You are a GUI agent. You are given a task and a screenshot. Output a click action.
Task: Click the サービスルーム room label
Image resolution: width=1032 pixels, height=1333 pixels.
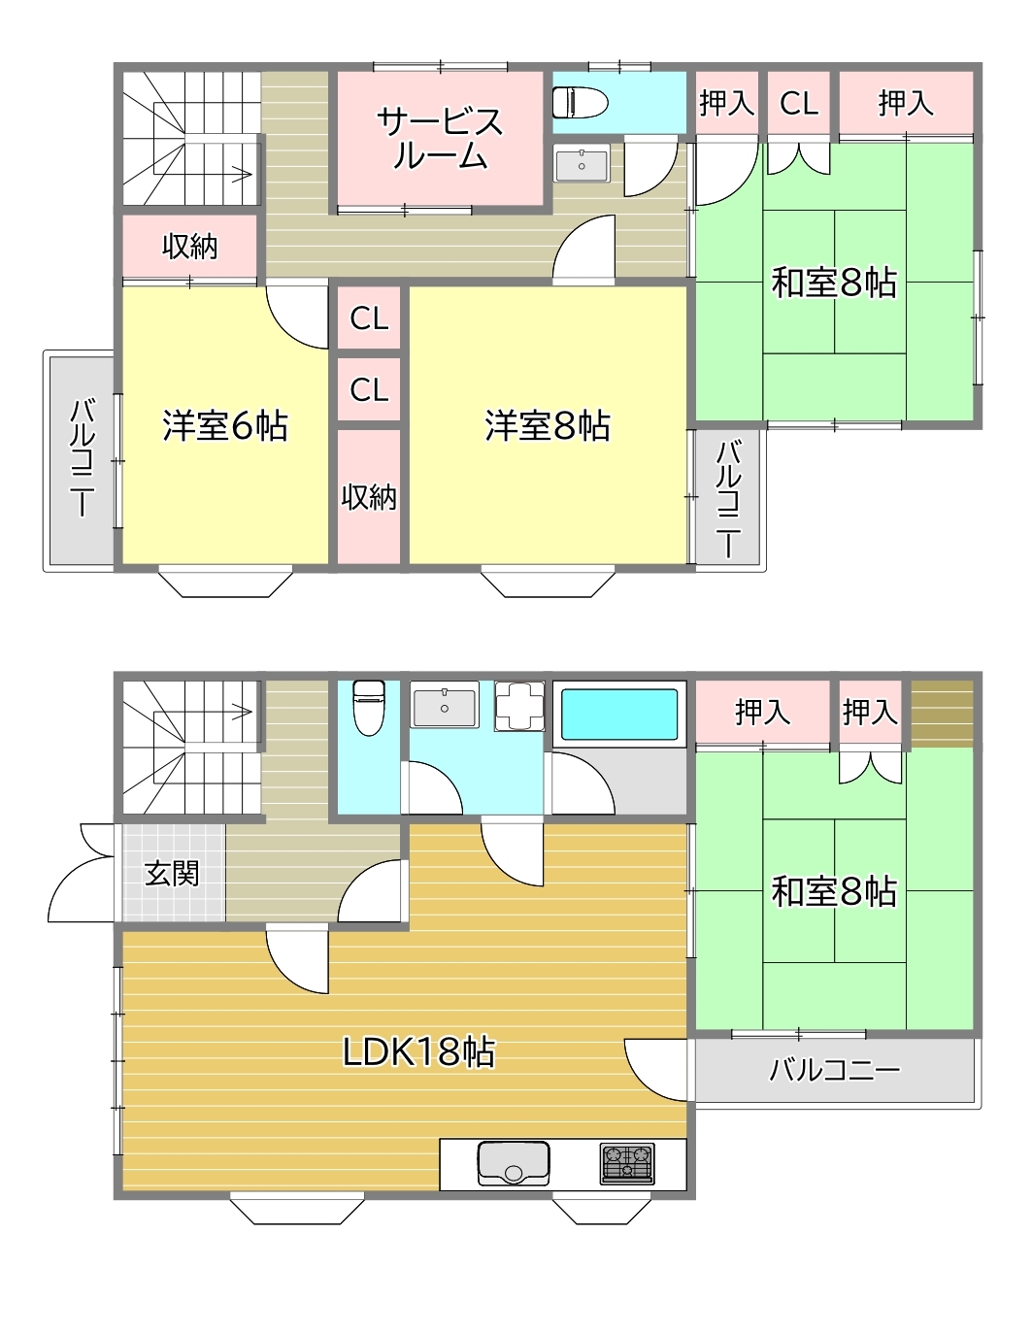tap(440, 139)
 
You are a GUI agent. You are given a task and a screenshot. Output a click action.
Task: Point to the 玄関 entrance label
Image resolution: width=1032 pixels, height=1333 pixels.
tap(172, 873)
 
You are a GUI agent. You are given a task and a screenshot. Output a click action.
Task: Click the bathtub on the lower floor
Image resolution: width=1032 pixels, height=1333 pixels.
tap(619, 709)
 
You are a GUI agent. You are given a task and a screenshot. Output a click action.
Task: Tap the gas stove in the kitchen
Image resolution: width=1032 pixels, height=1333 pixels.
tap(627, 1164)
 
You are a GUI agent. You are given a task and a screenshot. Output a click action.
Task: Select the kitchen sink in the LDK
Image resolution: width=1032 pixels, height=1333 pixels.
tap(514, 1164)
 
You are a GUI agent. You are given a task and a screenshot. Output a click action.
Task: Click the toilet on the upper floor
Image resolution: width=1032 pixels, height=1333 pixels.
tap(580, 102)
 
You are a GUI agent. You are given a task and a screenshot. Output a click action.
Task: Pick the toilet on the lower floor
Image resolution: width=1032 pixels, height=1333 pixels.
tap(369, 707)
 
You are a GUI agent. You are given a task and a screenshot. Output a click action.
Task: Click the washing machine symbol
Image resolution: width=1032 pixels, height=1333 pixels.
tap(519, 706)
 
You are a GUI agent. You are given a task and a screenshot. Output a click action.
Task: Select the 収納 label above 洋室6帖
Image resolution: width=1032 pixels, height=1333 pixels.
tap(189, 247)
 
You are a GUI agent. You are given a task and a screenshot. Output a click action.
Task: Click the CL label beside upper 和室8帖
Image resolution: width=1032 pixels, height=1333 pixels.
tap(799, 103)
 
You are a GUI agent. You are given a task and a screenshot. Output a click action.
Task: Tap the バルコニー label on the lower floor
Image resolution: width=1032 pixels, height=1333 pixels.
tap(835, 1070)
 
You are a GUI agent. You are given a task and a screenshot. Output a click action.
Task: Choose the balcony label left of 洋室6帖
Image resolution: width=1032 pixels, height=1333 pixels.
tap(83, 457)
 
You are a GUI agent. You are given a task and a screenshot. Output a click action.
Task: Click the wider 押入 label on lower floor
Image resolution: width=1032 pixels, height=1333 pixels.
tap(762, 712)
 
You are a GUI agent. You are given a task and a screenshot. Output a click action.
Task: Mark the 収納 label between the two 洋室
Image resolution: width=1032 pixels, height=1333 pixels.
tap(369, 496)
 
